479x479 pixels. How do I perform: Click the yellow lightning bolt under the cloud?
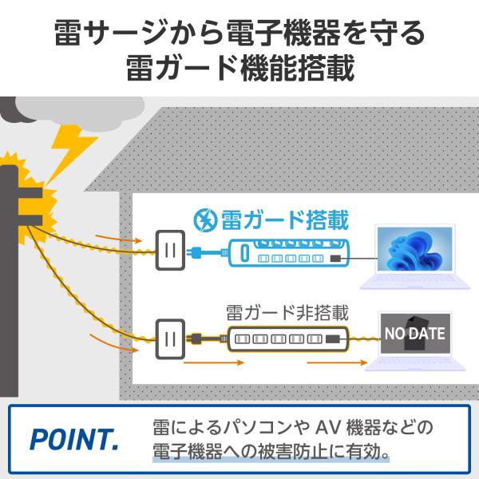pyautogui.click(x=71, y=150)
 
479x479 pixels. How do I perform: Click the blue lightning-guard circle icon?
pyautogui.click(x=206, y=220)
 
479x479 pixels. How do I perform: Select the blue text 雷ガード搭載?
pyautogui.click(x=284, y=220)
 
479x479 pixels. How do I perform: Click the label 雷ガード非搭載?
pyautogui.click(x=287, y=313)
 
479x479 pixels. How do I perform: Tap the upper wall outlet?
pyautogui.click(x=170, y=250)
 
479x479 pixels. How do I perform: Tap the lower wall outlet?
pyautogui.click(x=170, y=338)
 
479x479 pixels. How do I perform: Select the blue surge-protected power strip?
pyautogui.click(x=289, y=253)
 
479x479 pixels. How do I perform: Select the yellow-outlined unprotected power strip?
pyautogui.click(x=287, y=338)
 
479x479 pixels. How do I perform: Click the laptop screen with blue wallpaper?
pyautogui.click(x=414, y=248)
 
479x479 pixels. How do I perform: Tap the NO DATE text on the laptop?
pyautogui.click(x=414, y=333)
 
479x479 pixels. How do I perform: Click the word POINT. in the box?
pyautogui.click(x=74, y=439)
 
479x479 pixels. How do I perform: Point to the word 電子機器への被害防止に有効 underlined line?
pyautogui.click(x=271, y=452)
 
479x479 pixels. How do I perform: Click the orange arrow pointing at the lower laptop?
pyautogui.click(x=337, y=362)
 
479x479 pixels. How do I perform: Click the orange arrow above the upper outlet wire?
pyautogui.click(x=118, y=239)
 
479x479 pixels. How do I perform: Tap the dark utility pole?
pyautogui.click(x=9, y=281)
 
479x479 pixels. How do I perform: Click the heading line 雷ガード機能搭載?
pyautogui.click(x=240, y=68)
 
